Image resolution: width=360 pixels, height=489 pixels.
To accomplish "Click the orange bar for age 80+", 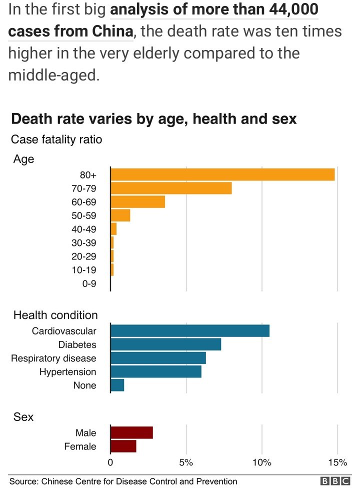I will [222, 174].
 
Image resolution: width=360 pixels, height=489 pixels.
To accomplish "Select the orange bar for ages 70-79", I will [171, 188].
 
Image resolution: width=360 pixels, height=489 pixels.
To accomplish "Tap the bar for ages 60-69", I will [137, 202].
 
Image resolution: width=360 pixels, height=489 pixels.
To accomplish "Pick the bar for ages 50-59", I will [120, 215].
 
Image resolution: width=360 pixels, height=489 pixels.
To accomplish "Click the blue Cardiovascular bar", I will [190, 331].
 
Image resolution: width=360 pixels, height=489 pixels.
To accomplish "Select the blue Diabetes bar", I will [165, 344].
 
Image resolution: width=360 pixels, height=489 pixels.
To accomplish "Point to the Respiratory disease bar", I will [158, 358].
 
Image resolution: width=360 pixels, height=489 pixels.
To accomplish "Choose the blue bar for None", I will [117, 385].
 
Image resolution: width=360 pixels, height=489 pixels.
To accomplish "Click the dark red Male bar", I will [131, 432].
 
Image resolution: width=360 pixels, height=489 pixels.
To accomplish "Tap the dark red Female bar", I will [123, 446].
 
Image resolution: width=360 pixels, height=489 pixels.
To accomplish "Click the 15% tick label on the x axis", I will [337, 461].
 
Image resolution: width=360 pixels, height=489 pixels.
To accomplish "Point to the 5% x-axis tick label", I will [186, 461].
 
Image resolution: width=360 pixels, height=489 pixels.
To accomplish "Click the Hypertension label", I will [67, 372].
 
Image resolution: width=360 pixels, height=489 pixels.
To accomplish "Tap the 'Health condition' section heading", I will [55, 315].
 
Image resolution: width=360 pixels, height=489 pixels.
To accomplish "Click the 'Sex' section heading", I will [23, 416].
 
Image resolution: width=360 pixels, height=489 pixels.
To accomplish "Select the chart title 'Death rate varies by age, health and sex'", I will [154, 119].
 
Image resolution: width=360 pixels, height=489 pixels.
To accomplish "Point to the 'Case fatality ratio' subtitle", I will [56, 139].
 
